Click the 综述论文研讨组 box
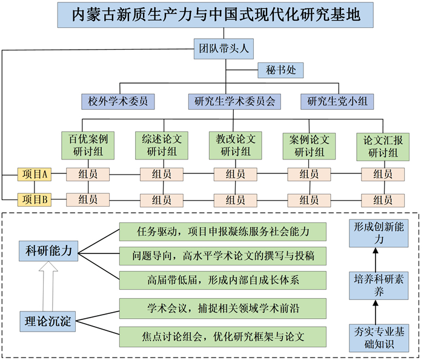pyautogui.click(x=161, y=145)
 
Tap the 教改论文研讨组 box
pyautogui.click(x=236, y=145)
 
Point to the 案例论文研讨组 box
pyautogui.click(x=310, y=145)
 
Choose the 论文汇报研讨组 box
pyautogui.click(x=382, y=145)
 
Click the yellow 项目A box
pyautogui.click(x=35, y=175)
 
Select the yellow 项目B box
pyautogui.click(x=35, y=198)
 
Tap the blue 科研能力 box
pyautogui.click(x=48, y=250)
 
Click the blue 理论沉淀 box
pyautogui.click(x=48, y=319)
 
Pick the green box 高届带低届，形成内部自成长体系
pyautogui.click(x=224, y=280)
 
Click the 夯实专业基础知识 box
pyautogui.click(x=374, y=338)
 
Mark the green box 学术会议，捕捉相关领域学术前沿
pyautogui.click(x=224, y=308)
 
